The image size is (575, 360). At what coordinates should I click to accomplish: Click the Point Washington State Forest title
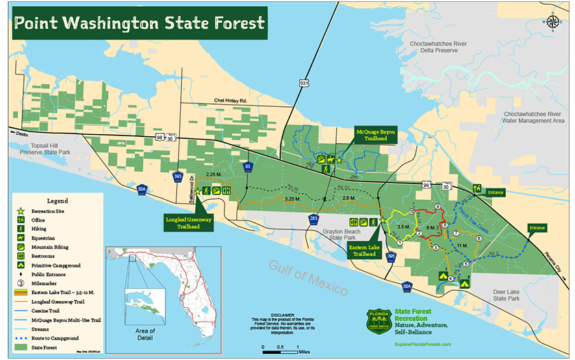140,23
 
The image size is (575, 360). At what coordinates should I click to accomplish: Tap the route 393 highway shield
178,176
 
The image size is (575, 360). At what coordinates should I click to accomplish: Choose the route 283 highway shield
314,218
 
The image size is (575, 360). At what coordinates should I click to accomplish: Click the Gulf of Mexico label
308,277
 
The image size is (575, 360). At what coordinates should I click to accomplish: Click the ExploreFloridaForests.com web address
422,344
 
